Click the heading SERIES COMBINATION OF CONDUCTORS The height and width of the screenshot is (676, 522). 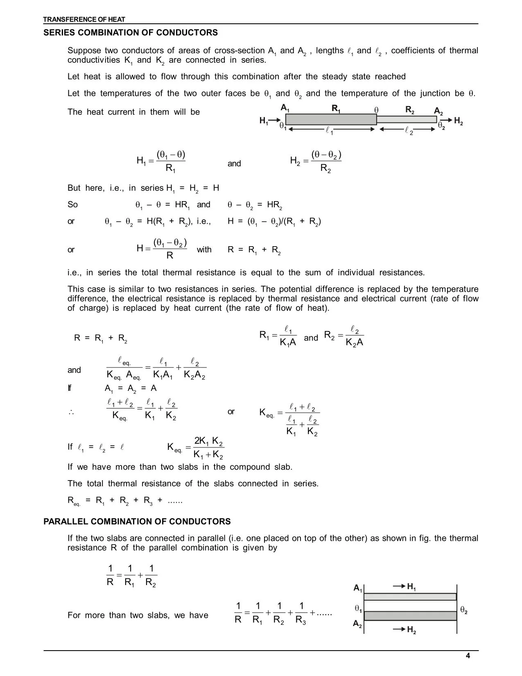[131, 33]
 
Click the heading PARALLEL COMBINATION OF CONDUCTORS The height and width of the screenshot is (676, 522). [137, 522]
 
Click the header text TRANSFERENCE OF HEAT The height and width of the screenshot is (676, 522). [84, 19]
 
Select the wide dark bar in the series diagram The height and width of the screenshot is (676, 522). [331, 119]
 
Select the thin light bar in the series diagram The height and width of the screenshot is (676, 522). [407, 120]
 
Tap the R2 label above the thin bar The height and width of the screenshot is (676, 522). [410, 109]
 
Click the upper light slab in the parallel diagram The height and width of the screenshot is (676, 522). [410, 597]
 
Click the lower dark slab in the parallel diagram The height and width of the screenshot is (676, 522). [410, 616]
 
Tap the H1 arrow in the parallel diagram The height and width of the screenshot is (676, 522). [399, 587]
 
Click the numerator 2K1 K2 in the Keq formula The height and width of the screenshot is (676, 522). [208, 441]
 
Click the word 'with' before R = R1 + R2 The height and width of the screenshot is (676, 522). [204, 250]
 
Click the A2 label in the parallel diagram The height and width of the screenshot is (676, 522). [357, 624]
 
